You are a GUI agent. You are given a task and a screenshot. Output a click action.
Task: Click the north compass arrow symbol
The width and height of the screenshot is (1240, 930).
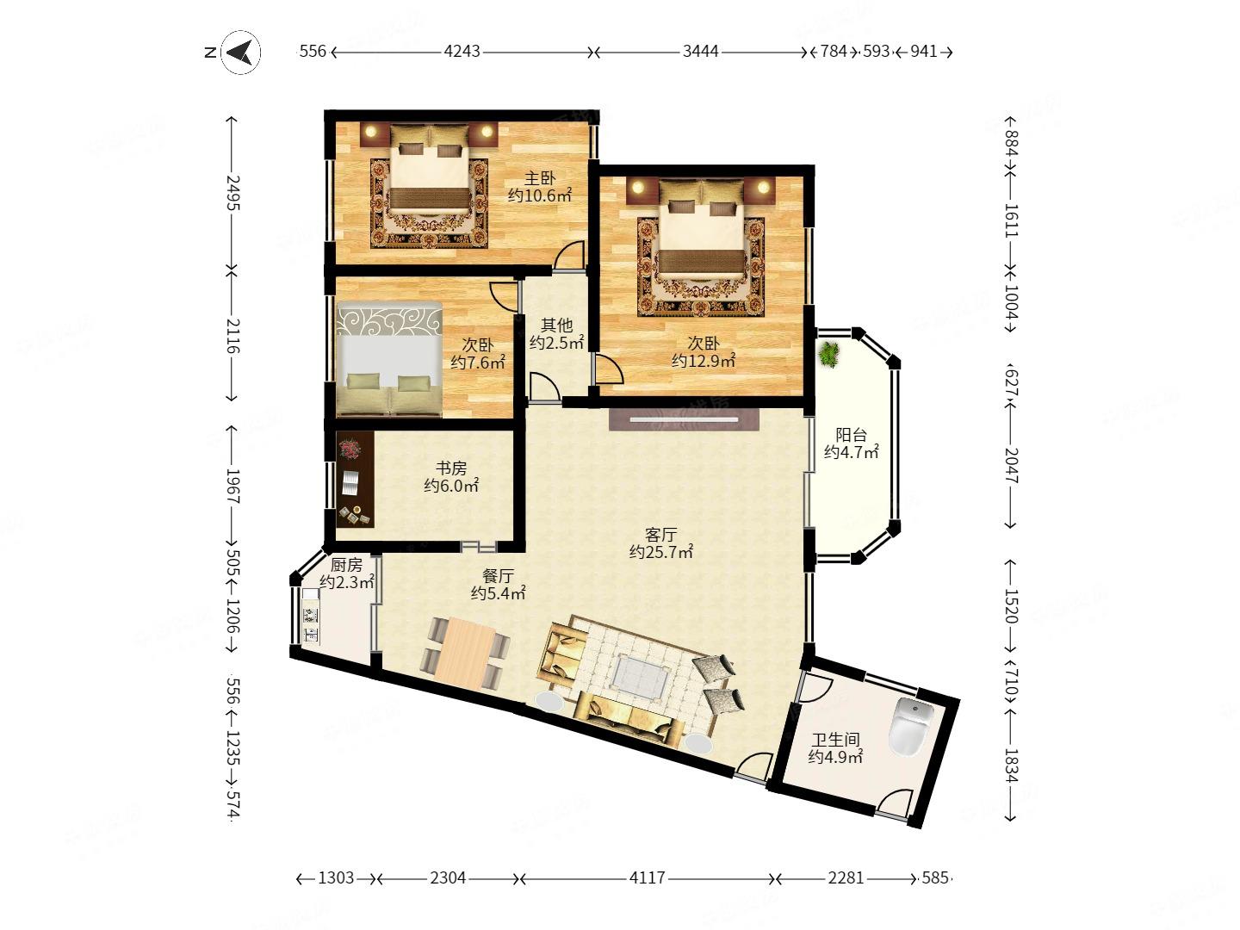tap(241, 53)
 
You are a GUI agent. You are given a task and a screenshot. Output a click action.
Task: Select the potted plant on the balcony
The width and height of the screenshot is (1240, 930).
tap(829, 355)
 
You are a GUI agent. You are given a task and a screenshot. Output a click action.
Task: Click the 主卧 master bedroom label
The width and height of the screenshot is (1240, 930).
tap(540, 178)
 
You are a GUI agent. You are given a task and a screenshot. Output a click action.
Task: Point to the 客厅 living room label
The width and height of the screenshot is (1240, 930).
tap(660, 534)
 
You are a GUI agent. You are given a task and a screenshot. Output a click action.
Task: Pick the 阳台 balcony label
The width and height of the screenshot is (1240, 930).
tap(851, 434)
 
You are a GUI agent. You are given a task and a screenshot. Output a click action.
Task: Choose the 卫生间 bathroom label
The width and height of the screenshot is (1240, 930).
tap(835, 739)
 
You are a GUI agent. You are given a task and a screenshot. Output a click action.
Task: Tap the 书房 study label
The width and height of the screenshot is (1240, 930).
tap(451, 468)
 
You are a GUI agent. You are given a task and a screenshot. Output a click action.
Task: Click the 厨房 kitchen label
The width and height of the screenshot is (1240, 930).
tap(345, 563)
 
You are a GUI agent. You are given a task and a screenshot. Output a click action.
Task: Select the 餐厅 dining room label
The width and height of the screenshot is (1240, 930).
tap(498, 575)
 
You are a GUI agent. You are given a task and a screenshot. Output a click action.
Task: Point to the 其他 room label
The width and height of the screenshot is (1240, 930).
tap(556, 325)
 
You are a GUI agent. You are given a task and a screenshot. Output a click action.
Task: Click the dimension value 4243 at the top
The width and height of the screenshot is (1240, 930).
tap(462, 52)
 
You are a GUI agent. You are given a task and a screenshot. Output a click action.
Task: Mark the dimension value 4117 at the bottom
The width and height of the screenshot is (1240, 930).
tap(648, 878)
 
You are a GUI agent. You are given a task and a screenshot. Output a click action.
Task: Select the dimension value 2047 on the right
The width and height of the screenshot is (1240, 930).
tap(1011, 466)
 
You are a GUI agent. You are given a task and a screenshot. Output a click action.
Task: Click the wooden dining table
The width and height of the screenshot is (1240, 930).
tap(466, 654)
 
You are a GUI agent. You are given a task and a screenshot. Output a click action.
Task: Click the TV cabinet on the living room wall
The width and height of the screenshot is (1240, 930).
tap(684, 419)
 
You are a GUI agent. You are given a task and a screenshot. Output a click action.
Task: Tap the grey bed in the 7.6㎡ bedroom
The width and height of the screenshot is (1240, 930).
tap(389, 360)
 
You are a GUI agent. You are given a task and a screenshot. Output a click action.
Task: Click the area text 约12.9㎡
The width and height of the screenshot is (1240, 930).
tap(704, 360)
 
